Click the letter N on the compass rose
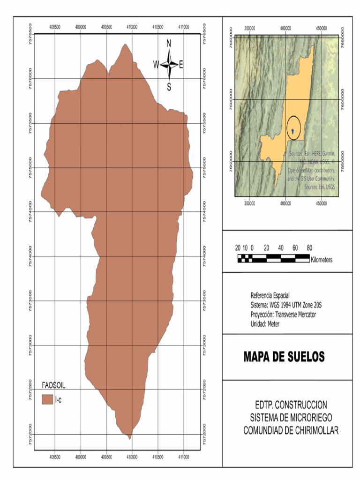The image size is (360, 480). coord(169,44)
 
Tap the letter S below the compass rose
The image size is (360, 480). coord(169,87)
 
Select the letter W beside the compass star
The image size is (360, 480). coord(156,65)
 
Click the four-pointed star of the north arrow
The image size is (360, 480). coord(169,65)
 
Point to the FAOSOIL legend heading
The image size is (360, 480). coord(53,385)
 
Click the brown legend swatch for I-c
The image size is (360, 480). coord(46,399)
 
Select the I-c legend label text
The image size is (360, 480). coord(59,399)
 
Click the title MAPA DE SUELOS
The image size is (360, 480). coord(284,357)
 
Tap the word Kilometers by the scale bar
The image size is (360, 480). coord(321,259)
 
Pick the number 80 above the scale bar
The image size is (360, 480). coord(309,247)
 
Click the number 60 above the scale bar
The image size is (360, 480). coord(295,247)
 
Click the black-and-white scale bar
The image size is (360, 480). coord(273,258)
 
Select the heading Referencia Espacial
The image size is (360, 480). coord(270,295)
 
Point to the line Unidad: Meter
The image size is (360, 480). coord(265,324)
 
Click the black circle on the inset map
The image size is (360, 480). coord(293,127)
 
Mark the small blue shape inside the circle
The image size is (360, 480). coord(293,132)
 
